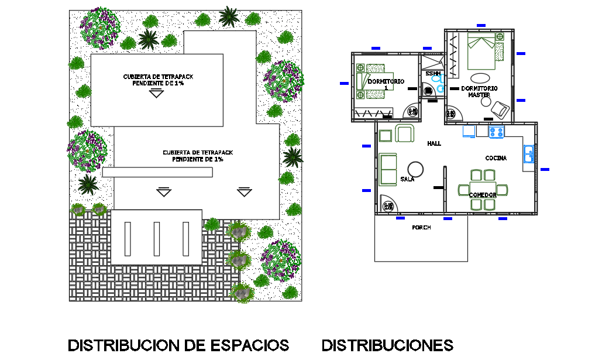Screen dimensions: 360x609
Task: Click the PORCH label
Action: pos(421,228)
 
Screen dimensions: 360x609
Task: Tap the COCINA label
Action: pos(496,158)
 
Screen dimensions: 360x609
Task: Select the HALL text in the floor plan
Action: pos(434,143)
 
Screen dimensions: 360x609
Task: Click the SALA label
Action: pos(408,179)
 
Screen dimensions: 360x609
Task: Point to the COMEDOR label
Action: pos(483,194)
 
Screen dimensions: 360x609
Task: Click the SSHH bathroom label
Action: pos(433,74)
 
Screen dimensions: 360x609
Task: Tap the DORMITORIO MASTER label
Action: pos(479,91)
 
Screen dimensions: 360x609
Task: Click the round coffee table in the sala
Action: pos(416,168)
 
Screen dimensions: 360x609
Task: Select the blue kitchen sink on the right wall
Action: pos(529,153)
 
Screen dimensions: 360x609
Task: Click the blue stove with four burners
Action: pos(496,132)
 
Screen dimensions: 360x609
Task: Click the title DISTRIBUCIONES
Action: pos(387,345)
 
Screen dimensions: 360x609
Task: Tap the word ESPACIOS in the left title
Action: pos(249,345)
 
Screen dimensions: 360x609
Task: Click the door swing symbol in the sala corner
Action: pos(388,203)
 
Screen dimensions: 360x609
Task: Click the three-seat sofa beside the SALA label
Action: pos(387,169)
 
